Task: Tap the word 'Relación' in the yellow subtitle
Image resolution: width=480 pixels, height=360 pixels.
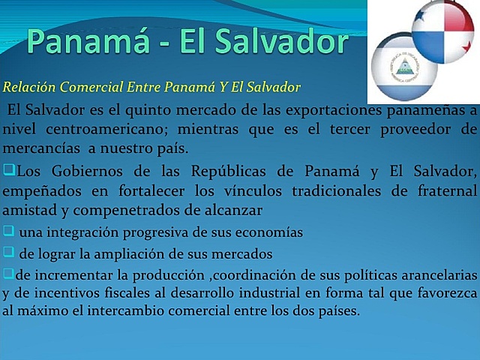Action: [x=29, y=88]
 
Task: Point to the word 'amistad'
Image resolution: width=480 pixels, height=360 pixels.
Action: [x=27, y=205]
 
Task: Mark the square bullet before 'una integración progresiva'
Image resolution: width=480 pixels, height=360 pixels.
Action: [x=8, y=230]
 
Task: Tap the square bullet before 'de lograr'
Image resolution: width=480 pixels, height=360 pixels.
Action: [x=8, y=251]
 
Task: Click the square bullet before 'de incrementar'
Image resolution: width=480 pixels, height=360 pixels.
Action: [x=8, y=271]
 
